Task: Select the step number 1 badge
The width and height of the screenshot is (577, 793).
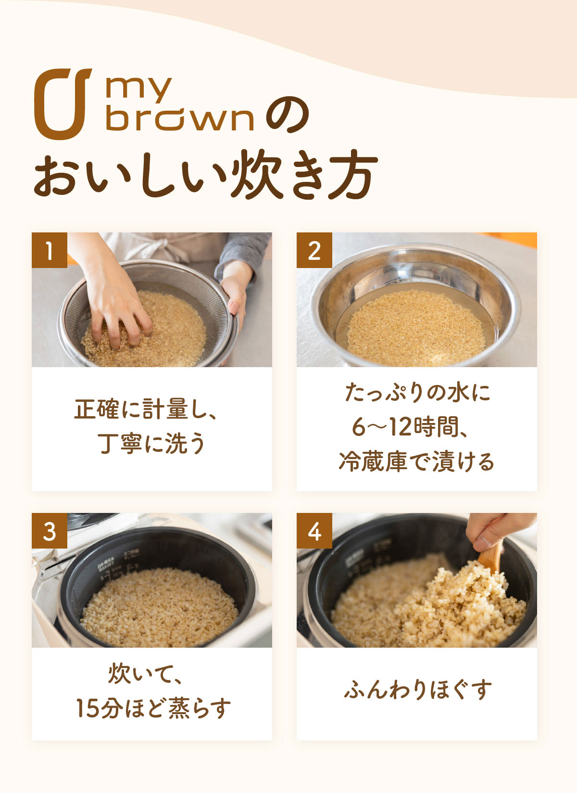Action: pyautogui.click(x=50, y=250)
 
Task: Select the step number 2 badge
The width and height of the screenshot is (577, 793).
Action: pyautogui.click(x=314, y=250)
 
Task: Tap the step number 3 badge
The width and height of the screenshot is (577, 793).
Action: pyautogui.click(x=50, y=531)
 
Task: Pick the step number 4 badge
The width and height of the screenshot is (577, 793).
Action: pyautogui.click(x=314, y=531)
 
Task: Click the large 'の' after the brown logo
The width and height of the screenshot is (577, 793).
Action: pyautogui.click(x=287, y=115)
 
